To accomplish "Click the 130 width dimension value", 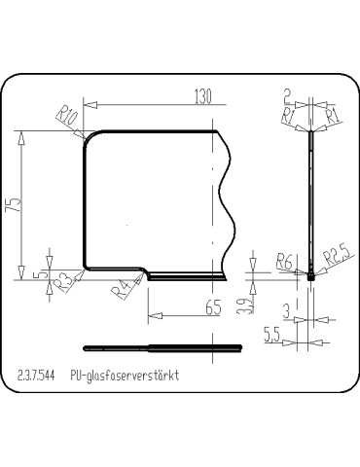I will tap(203, 95).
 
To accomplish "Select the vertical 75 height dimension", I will tap(12, 205).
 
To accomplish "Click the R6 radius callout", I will tap(285, 261).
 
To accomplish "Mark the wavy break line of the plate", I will tap(228, 204).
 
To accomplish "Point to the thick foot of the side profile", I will tap(311, 276).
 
